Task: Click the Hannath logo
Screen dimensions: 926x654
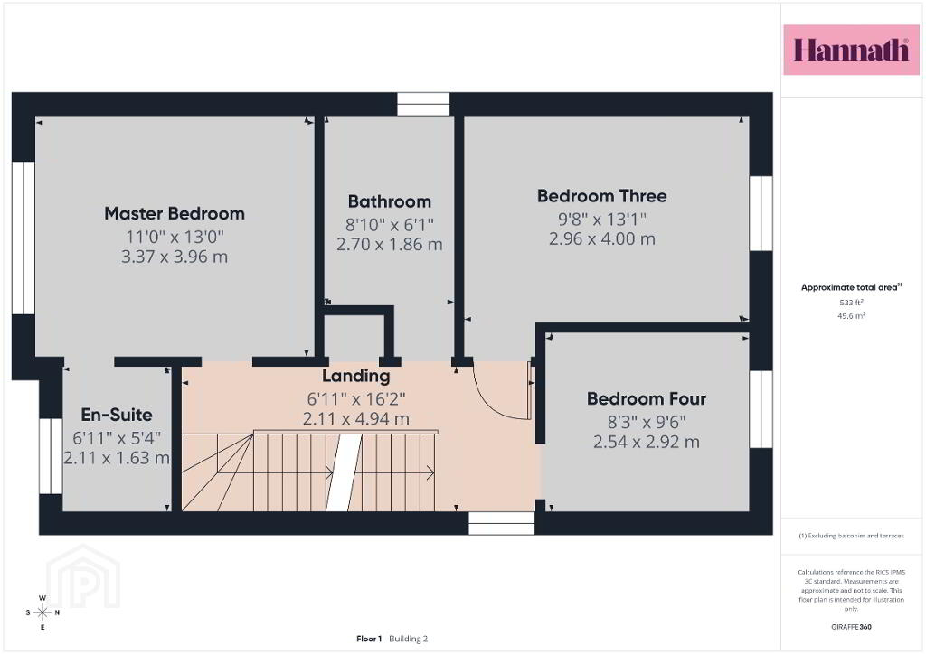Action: coord(851,50)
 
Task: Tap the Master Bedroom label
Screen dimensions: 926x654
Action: coord(175,213)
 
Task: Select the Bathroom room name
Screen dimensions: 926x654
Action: coord(389,201)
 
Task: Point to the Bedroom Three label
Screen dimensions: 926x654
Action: coord(601,196)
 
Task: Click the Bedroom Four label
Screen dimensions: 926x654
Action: coord(646,398)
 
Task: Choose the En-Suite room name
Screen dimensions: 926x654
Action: coord(117,415)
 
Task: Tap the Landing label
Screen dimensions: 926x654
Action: coord(355,376)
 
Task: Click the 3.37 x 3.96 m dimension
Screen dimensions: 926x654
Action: coord(175,257)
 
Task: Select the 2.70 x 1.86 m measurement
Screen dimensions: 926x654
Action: coord(389,244)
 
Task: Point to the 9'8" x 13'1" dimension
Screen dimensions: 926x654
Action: coord(601,220)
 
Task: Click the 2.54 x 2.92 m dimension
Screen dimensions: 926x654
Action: coord(646,442)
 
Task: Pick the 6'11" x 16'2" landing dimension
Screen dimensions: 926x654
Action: coord(355,399)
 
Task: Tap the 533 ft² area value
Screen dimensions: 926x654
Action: coord(851,303)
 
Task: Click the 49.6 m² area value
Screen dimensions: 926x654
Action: coord(851,316)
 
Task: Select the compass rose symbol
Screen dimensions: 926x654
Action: coord(43,612)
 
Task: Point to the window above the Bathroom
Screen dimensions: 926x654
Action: coord(423,104)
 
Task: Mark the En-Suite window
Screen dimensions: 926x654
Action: coord(51,456)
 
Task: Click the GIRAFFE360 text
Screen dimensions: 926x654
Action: coord(851,627)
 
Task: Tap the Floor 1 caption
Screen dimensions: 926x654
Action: coord(369,639)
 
